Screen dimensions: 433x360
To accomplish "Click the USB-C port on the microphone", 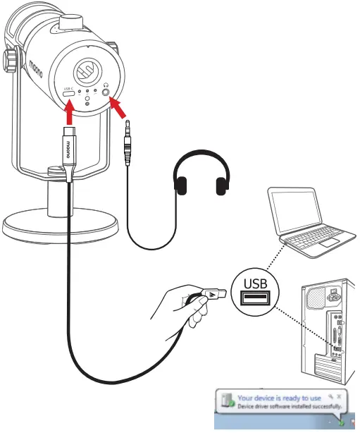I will (x=69, y=92).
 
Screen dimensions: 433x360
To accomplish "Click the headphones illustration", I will (x=203, y=176).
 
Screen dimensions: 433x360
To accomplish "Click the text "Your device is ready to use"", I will (x=279, y=398).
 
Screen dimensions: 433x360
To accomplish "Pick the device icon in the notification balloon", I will (x=227, y=403).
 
